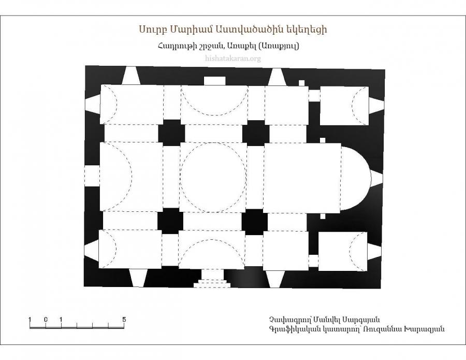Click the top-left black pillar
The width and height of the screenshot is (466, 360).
tap(171, 133)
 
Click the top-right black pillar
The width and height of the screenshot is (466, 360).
tap(256, 133)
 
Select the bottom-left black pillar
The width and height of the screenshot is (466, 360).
tap(170, 221)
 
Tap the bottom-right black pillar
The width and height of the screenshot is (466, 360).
tap(255, 222)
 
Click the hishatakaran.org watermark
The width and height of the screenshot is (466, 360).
tap(233, 58)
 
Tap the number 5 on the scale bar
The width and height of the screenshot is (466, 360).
tap(124, 320)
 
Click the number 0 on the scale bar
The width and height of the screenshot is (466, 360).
tap(46, 320)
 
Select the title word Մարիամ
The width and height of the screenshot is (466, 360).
tap(188, 30)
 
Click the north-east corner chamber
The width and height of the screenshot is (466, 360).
tap(344, 106)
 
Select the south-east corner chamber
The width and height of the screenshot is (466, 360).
tap(343, 252)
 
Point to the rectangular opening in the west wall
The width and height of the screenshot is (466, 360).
tap(92, 176)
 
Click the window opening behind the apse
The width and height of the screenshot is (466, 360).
tap(377, 179)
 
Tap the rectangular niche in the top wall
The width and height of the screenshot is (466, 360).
tap(214, 81)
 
